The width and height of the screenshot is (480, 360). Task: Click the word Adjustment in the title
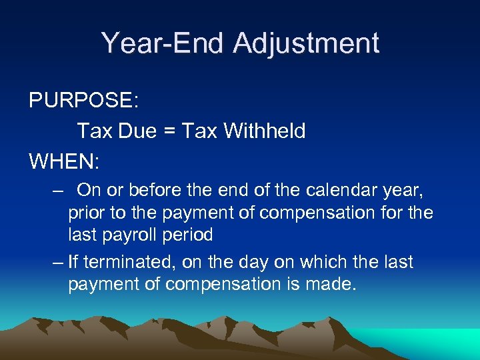[x=306, y=43]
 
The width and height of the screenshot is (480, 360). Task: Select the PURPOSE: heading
[x=83, y=101]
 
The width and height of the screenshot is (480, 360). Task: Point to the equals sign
[x=170, y=131]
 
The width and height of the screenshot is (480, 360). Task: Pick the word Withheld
[x=265, y=131]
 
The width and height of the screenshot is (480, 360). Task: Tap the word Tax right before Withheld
[x=199, y=131]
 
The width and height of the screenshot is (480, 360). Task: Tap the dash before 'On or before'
[x=58, y=191]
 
